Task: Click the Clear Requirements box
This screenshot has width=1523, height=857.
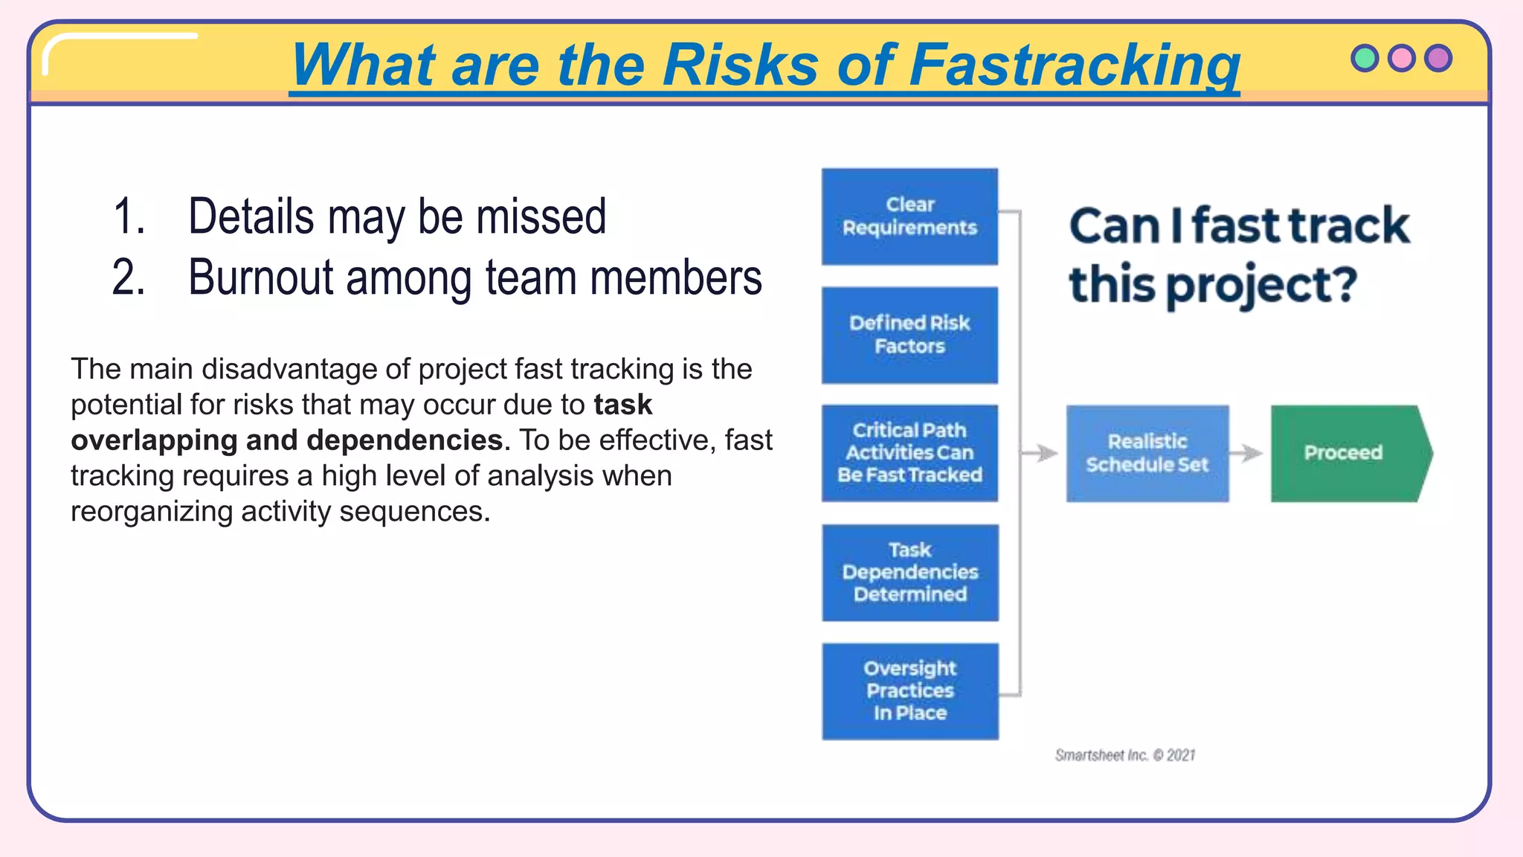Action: pos(909,216)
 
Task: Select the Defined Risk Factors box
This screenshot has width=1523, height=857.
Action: pos(909,335)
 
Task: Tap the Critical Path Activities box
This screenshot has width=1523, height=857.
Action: pos(909,453)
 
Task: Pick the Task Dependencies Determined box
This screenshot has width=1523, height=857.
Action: pos(909,572)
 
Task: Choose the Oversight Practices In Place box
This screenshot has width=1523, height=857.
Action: pos(909,691)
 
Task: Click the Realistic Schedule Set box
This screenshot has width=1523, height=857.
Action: pos(1147,453)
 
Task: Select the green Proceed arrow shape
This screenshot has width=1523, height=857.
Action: pos(1345,453)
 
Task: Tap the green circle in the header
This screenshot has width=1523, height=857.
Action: pos(1365,58)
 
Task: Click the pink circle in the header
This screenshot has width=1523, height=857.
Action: pos(1401,58)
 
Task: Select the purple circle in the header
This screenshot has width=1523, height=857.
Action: pos(1437,58)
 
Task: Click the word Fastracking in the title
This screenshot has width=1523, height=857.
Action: pos(1074,65)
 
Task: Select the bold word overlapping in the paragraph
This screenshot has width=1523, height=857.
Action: pos(154,440)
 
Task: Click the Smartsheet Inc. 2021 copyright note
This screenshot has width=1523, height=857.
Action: pos(1124,755)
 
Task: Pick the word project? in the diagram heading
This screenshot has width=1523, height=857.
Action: pos(1260,286)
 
